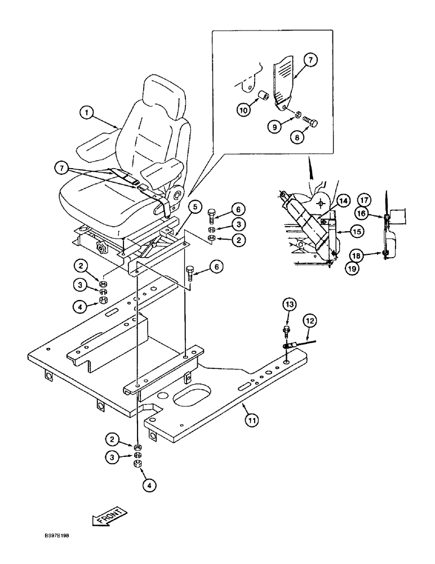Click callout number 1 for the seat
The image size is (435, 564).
[86, 113]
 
